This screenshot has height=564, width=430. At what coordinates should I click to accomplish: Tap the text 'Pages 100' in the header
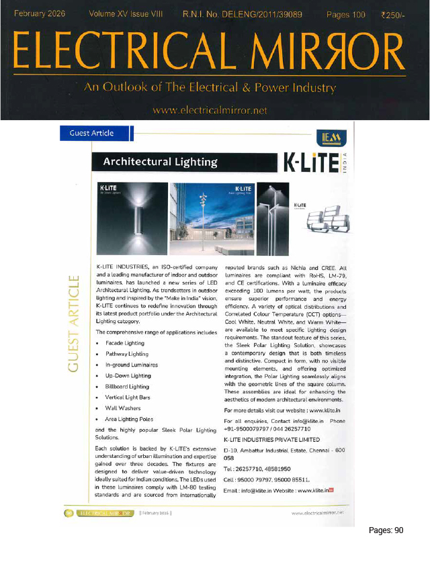tap(346, 14)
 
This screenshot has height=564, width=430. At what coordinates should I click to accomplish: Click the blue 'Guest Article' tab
tap(91, 133)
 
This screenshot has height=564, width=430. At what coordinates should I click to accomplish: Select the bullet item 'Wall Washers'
tap(123, 408)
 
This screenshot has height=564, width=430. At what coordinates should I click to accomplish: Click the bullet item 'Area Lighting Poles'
tap(130, 419)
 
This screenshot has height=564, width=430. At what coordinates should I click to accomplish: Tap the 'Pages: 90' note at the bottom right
tap(386, 530)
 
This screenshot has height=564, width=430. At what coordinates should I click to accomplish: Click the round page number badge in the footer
tap(69, 513)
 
